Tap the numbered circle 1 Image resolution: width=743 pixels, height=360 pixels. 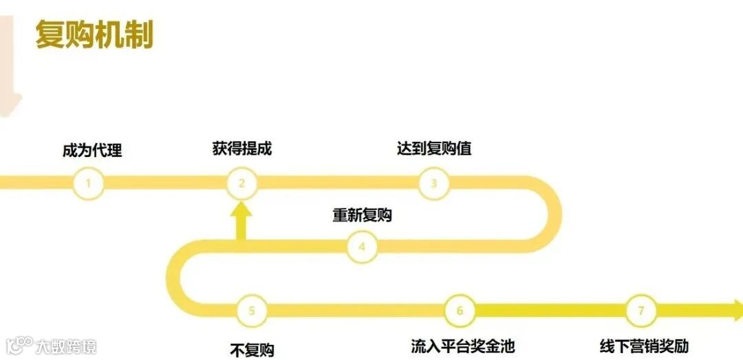click(89, 183)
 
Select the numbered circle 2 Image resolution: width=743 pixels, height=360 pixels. click(242, 183)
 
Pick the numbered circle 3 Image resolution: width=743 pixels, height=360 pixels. click(434, 183)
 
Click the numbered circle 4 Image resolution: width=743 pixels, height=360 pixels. click(362, 246)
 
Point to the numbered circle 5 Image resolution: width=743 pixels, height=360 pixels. click(252, 310)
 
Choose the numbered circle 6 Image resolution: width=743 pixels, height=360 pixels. click(460, 310)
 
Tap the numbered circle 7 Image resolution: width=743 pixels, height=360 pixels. click(641, 310)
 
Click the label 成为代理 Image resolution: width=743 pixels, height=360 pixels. click(92, 149)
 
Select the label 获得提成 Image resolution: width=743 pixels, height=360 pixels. click(242, 148)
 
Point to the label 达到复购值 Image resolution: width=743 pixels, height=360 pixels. click(434, 148)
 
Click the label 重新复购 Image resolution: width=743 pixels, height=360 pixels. click(362, 215)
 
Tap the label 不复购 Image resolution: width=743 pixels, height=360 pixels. click(252, 350)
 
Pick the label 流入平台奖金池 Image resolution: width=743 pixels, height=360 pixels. click(462, 346)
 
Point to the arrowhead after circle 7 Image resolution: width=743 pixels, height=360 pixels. click(735, 310)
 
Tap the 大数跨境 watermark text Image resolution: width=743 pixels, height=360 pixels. click(67, 345)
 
